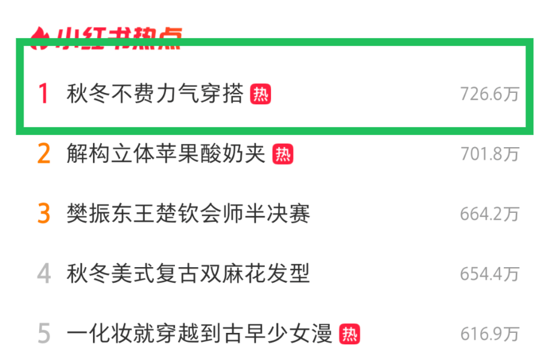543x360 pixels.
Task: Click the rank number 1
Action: point(43,94)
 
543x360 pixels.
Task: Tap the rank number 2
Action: point(43,154)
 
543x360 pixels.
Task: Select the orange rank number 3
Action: point(43,214)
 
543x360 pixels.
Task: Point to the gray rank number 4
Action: point(43,274)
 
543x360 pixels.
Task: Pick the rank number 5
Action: point(43,333)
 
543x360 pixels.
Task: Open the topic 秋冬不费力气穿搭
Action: point(155,94)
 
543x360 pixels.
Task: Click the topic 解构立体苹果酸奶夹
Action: point(166,154)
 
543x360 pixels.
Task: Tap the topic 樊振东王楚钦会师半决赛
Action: point(188,214)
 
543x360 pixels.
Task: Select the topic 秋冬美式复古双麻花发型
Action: point(188,274)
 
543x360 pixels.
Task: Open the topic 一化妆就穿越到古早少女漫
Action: point(200,333)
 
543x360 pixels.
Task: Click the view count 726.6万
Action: point(489,95)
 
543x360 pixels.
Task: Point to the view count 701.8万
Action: point(489,155)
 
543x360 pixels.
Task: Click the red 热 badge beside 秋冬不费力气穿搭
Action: point(261,94)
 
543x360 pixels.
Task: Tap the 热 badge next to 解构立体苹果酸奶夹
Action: point(283,154)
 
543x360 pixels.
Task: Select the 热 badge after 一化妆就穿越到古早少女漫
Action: point(349,333)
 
